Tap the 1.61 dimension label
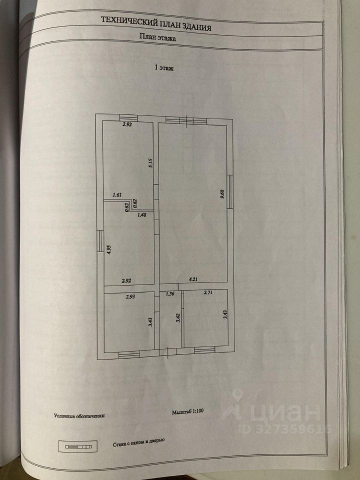[x=117, y=195]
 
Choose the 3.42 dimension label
[x=177, y=318]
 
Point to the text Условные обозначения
[x=80, y=415]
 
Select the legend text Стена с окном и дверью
[x=139, y=443]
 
